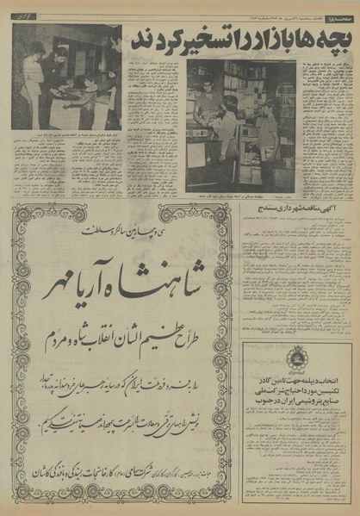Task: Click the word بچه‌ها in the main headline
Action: [329, 39]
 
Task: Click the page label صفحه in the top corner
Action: [339, 9]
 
